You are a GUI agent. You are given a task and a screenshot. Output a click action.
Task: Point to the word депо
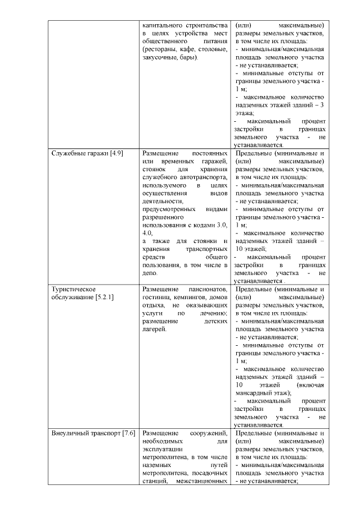(x=150, y=271)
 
